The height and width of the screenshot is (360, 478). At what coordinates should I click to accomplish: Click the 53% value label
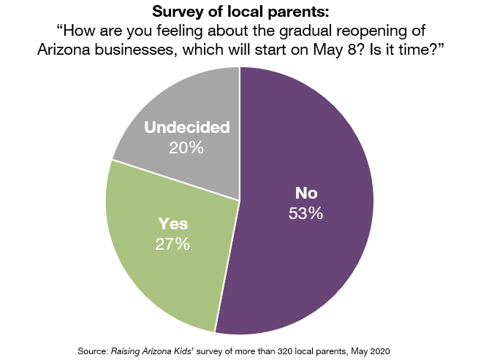click(x=305, y=214)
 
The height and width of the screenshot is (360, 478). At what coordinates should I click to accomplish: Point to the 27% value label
click(x=172, y=244)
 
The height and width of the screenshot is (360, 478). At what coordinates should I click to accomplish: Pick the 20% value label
click(x=186, y=147)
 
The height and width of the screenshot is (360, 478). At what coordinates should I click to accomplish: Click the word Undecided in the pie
click(x=186, y=128)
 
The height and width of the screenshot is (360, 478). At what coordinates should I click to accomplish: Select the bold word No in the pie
click(x=305, y=194)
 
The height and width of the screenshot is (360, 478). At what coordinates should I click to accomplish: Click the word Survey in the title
click(x=178, y=12)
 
